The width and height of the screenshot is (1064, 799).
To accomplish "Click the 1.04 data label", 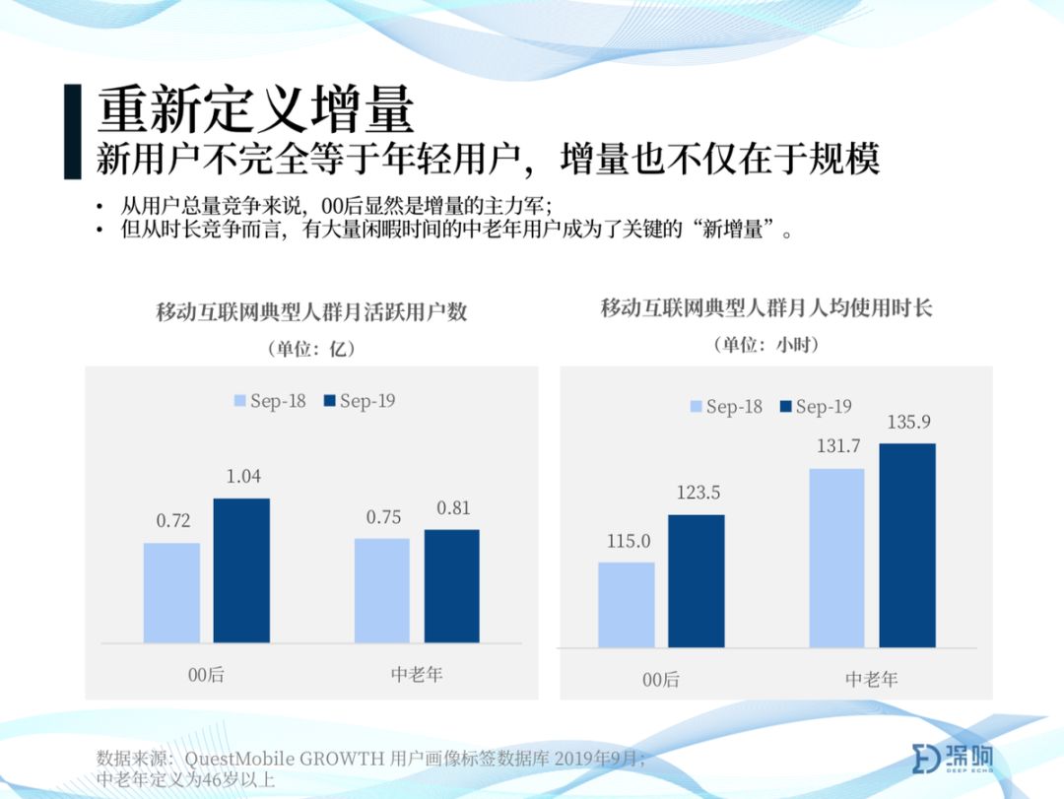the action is pos(243,477).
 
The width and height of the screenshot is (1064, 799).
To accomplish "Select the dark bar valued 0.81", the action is pos(452,586).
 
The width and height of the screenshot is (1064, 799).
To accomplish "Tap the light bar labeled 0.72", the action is pos(171,593).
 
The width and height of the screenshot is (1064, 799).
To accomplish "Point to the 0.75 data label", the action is pos(383,517).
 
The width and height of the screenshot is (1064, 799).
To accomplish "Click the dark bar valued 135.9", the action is pos(907,545).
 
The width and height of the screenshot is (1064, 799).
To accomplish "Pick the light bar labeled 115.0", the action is pos(627,605).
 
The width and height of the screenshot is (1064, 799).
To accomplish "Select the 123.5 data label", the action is pos(698,493).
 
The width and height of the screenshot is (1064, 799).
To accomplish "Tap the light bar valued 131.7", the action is pos(836,558).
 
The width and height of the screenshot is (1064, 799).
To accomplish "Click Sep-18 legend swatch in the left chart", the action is pos(239,401).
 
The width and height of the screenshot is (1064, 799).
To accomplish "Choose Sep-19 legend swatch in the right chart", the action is pos(786,406).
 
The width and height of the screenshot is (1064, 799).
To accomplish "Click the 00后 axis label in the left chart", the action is pos(206,674).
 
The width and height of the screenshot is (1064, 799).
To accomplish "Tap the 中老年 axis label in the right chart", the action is pos(872,679).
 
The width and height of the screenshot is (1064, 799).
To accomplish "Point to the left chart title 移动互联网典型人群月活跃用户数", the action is pos(311,311).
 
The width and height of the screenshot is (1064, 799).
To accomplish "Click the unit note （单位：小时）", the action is pos(766,345).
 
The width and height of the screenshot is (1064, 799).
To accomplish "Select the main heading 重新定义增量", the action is pos(255,109).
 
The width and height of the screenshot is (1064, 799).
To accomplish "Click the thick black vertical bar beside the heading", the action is pos(73,132).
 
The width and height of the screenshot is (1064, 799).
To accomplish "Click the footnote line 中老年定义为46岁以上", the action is pos(185,778).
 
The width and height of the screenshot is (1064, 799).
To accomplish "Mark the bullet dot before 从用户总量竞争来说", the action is pos(100,206).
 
